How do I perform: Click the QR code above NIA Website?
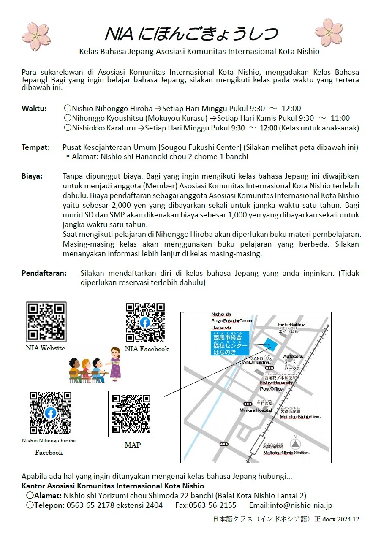click(46, 322)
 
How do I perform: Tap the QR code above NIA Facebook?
click(145, 323)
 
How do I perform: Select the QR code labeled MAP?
click(131, 414)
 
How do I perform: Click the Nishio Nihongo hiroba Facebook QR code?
click(50, 412)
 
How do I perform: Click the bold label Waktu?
click(34, 109)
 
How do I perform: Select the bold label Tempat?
click(35, 147)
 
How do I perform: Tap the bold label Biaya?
click(32, 176)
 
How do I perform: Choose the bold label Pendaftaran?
click(44, 273)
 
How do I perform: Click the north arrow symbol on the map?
click(295, 444)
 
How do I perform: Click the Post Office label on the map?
click(271, 389)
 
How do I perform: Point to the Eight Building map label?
click(291, 325)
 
